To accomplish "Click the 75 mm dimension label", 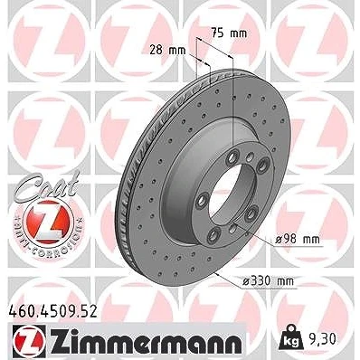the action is click(x=229, y=33).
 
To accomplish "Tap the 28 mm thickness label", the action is click(x=167, y=50).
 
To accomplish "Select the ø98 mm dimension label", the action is click(x=298, y=240).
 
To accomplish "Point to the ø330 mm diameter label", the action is click(x=268, y=281).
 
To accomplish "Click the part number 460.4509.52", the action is click(x=52, y=312).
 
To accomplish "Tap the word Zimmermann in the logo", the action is click(x=146, y=339).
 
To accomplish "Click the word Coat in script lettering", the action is click(x=48, y=185).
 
